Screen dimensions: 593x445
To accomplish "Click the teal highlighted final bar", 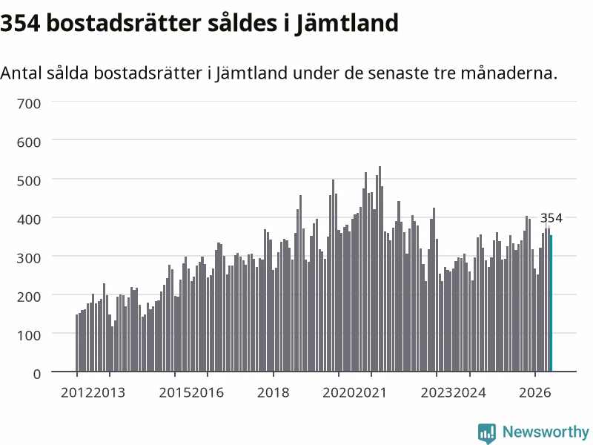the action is point(551,303).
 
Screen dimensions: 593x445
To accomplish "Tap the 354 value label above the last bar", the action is point(551,218).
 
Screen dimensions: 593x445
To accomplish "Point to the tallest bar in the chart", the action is point(380,268).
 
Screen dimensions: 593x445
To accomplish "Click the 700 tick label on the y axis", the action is point(29,104).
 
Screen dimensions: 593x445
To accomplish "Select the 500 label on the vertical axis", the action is point(29,181).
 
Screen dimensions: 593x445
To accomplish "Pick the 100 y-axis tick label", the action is point(29,335).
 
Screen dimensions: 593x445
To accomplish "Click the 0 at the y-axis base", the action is point(36,375).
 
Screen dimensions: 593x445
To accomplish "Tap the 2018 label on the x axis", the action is point(273,392).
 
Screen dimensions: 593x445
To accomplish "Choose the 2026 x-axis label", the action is point(534,392).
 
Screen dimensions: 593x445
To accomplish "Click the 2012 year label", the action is point(77,392).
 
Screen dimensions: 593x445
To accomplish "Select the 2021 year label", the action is point(371,392).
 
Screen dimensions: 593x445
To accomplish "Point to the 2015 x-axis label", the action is point(175,392).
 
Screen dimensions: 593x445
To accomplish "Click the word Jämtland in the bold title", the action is point(346,24).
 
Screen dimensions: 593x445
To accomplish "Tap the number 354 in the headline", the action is point(20,23).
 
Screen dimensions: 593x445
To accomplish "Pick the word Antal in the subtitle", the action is point(21,73).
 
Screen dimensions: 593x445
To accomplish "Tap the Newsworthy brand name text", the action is point(546,432).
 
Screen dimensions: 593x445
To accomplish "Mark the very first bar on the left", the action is point(77,343).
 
